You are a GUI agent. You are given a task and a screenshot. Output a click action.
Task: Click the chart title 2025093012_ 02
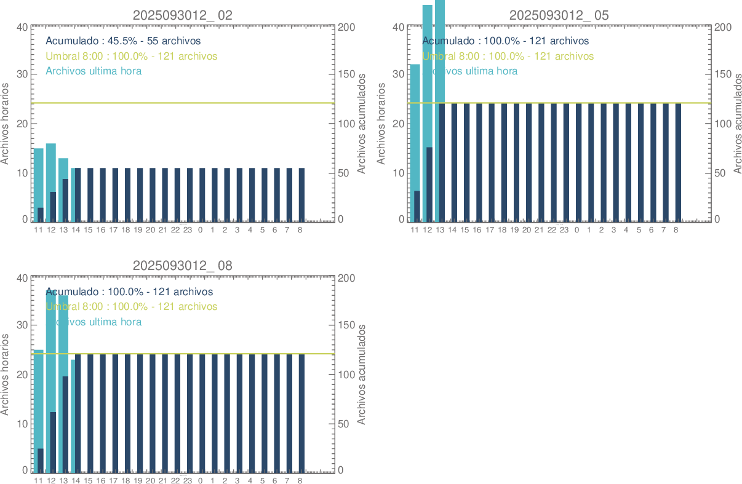182,15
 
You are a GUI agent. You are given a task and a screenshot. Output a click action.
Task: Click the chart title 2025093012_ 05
559,15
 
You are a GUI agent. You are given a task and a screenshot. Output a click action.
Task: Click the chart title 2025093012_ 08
182,266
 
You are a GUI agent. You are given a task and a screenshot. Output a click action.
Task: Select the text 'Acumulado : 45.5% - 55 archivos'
123,41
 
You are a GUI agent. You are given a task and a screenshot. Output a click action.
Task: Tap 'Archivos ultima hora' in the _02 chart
94,71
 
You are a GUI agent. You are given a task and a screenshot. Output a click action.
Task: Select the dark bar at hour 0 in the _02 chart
202,194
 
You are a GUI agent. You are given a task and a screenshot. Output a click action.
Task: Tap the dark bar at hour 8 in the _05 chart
678,162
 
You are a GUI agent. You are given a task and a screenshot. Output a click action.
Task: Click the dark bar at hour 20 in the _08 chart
152,412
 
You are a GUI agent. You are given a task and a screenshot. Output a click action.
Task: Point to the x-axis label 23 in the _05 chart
564,230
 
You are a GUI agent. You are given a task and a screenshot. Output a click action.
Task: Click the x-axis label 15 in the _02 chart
88,230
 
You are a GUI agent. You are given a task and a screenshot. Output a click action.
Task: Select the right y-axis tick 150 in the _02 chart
346,74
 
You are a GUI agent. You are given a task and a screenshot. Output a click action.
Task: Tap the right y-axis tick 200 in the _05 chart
722,28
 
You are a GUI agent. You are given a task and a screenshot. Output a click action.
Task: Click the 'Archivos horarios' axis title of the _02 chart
6,123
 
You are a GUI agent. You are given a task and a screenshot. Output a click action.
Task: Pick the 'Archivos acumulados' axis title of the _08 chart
362,374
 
